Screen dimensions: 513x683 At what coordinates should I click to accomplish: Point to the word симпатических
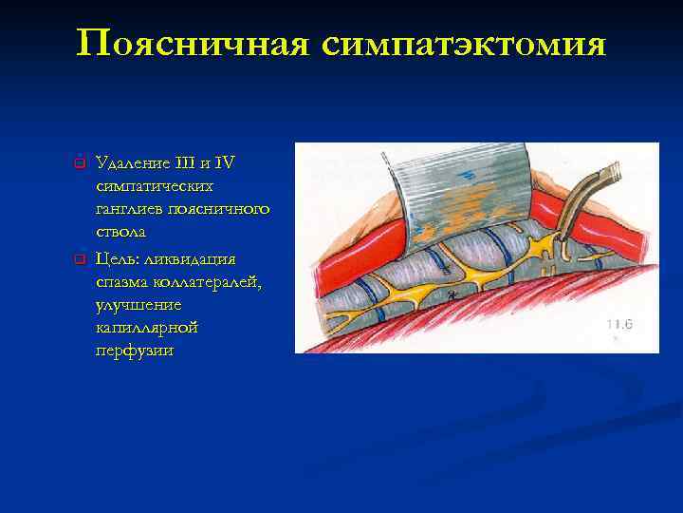tap(154, 185)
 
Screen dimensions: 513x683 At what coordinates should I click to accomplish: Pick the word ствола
tap(120, 232)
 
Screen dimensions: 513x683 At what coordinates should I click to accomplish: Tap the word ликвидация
tap(196, 258)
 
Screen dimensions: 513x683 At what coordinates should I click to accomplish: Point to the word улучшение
tap(138, 304)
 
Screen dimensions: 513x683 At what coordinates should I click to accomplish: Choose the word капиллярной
tap(146, 328)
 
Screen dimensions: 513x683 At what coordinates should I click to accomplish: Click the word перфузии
tap(134, 351)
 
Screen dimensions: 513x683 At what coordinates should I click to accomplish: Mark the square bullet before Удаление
tap(81, 162)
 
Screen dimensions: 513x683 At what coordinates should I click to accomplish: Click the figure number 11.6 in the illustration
tap(620, 324)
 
